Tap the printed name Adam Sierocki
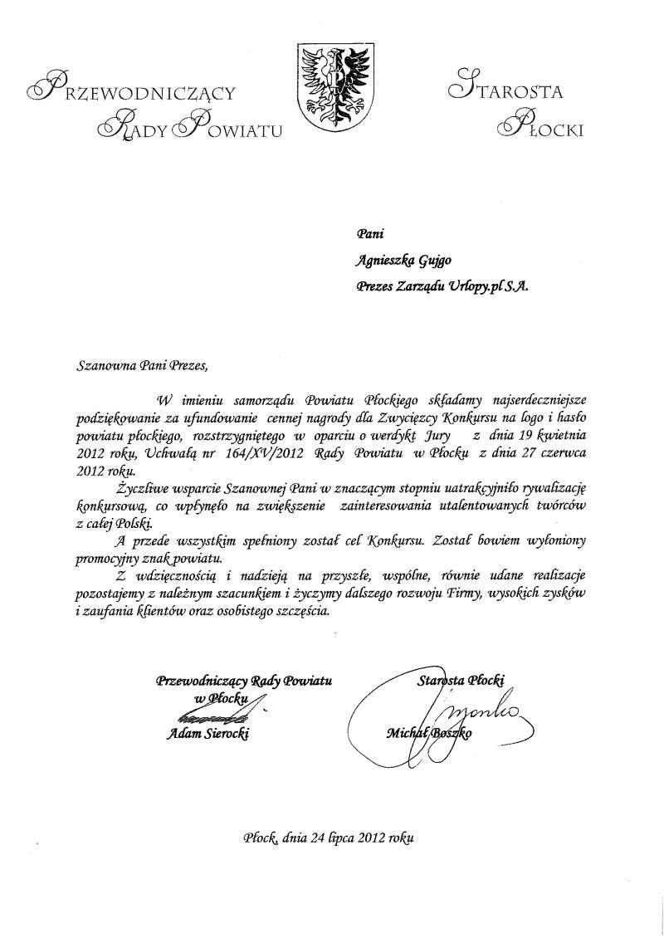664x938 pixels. coord(207,734)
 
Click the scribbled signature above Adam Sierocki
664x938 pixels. coord(212,713)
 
